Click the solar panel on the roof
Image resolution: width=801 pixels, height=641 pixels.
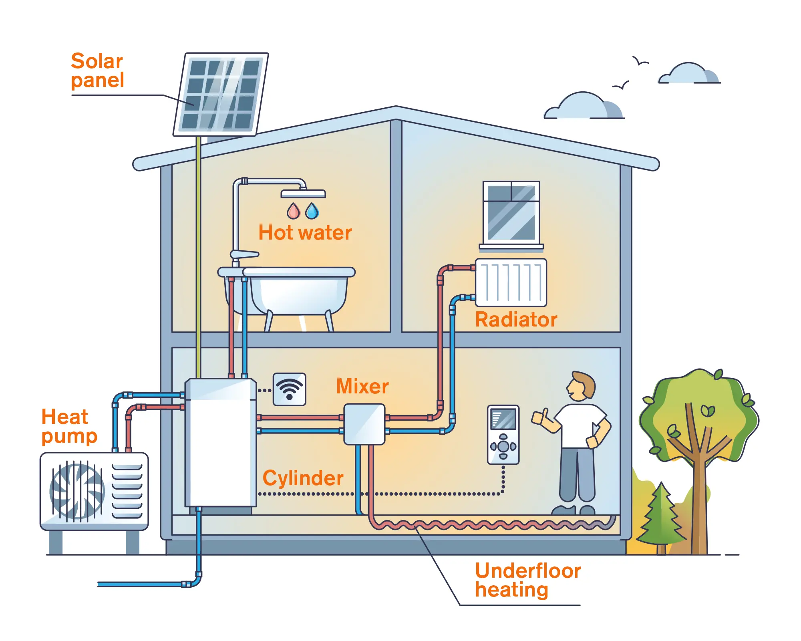(x=221, y=95)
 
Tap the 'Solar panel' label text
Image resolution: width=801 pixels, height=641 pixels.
(x=97, y=71)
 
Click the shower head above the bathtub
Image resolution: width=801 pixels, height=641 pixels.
(x=303, y=194)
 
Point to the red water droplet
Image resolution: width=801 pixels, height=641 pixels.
(x=293, y=211)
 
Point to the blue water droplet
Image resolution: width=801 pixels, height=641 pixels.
(x=312, y=211)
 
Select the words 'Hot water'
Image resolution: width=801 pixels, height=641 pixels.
(x=305, y=233)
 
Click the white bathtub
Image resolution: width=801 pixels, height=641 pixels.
(x=298, y=292)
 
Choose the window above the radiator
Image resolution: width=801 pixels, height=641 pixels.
(x=511, y=212)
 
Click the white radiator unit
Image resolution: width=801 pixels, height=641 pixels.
(x=511, y=282)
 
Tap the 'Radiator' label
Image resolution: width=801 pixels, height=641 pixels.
(x=516, y=320)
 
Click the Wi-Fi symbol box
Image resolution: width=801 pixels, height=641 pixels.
(x=289, y=389)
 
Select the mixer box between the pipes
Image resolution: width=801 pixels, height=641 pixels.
(x=364, y=424)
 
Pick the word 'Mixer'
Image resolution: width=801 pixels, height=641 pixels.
(x=362, y=386)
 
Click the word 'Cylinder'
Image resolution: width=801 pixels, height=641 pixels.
(x=303, y=478)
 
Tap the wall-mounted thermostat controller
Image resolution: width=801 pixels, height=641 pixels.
(x=503, y=435)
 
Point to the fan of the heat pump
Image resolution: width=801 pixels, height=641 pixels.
(x=77, y=491)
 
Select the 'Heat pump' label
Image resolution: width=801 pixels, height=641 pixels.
(x=69, y=426)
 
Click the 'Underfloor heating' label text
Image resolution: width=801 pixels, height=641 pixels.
(x=527, y=580)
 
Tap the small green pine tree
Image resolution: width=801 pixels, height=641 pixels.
(x=661, y=517)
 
